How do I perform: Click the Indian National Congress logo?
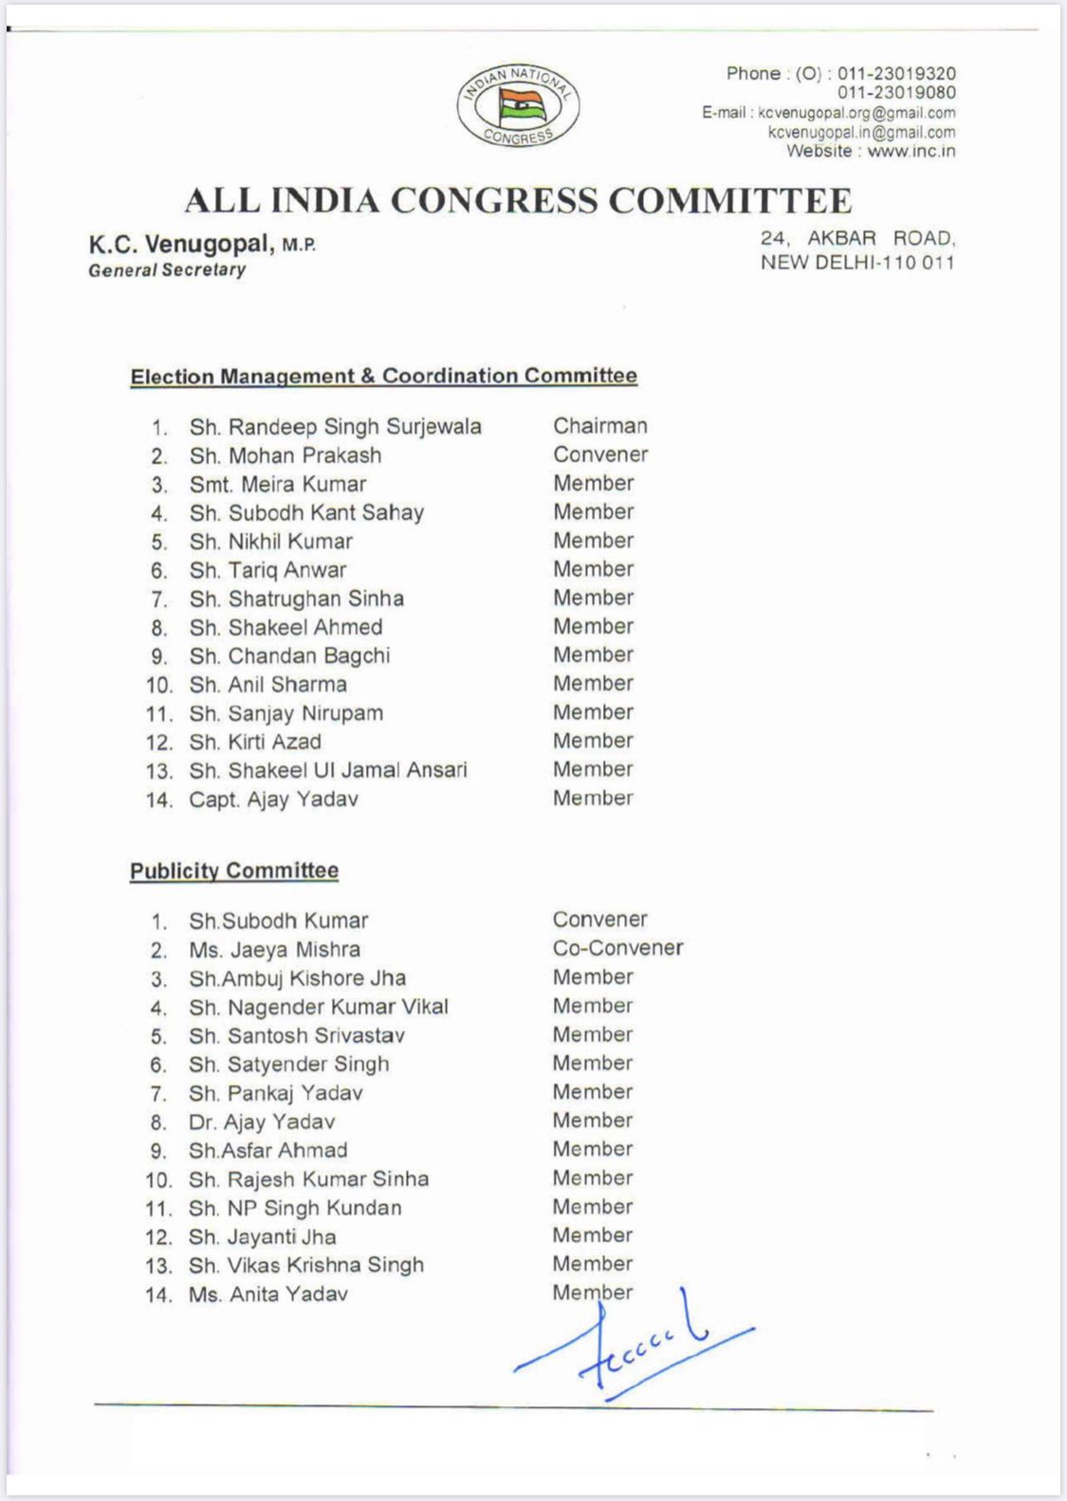pos(518,106)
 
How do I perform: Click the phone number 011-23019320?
pos(895,74)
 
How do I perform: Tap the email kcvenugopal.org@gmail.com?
pos(856,113)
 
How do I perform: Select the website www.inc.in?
pos(911,152)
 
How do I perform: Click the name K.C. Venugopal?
pos(178,245)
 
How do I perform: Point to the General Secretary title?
pos(167,270)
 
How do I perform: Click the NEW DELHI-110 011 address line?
pos(856,263)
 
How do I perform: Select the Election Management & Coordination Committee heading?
pos(383,377)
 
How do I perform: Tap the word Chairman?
pos(600,426)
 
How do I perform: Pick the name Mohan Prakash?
pos(304,455)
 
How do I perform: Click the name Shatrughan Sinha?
pos(316,599)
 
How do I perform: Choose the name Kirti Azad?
pos(274,742)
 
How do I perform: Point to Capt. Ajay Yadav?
pos(273,800)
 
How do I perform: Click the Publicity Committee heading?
pos(234,871)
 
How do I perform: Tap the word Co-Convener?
pos(617,948)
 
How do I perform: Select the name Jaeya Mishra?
pos(294,950)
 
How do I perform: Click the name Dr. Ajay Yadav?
pos(262,1122)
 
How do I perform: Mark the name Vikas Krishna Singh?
pos(325,1266)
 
